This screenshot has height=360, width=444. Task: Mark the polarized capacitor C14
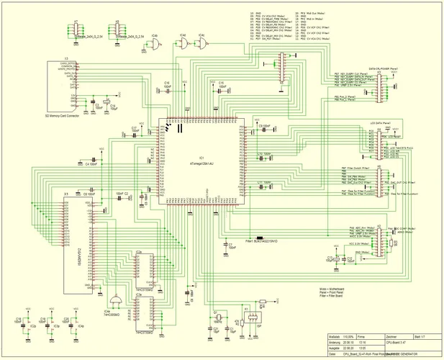[x=108, y=107]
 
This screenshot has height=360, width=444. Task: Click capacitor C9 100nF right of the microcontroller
[x=265, y=126]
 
